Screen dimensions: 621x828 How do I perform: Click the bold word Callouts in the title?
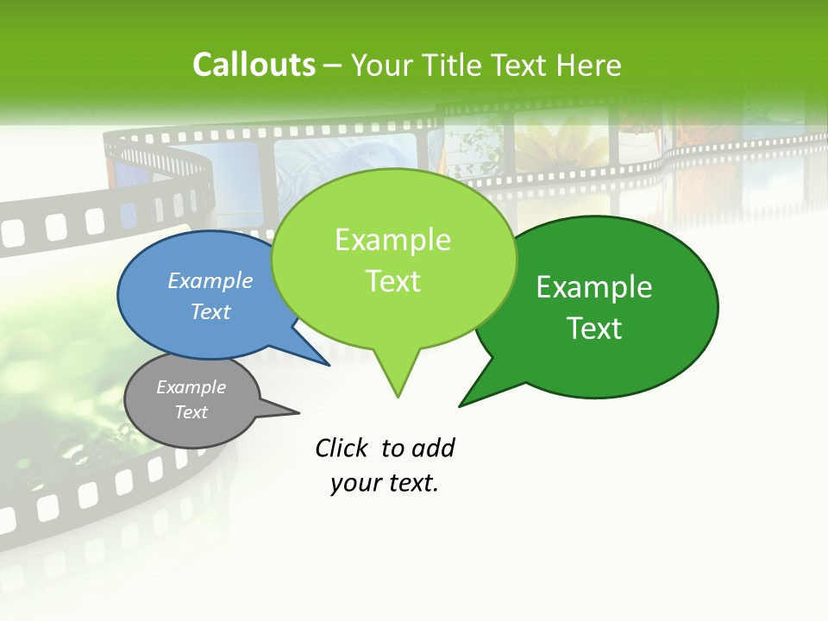(254, 65)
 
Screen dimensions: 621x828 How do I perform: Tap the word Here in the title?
(589, 65)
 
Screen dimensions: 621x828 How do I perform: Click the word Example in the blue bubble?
(210, 281)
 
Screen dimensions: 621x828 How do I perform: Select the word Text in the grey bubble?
(191, 412)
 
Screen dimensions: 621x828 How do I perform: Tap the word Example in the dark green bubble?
(594, 287)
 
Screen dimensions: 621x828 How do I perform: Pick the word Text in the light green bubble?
(393, 281)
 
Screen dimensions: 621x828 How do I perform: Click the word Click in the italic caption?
(342, 448)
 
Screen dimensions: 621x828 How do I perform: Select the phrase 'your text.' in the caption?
(385, 483)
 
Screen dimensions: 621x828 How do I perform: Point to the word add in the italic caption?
(434, 448)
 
